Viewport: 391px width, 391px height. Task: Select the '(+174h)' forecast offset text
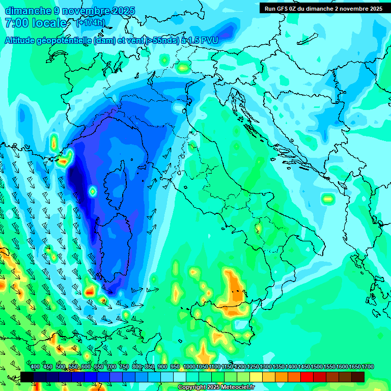point(91,23)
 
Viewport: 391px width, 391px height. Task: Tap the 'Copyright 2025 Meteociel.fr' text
point(216,387)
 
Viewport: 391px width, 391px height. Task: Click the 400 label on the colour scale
point(35,367)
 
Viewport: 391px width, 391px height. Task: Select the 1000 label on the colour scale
point(189,367)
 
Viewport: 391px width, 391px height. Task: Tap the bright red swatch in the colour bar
point(307,377)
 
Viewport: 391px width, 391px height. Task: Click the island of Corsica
point(114,183)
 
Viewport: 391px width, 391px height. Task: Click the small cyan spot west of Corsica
point(93,191)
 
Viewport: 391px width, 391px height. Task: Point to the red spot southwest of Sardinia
point(90,292)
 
